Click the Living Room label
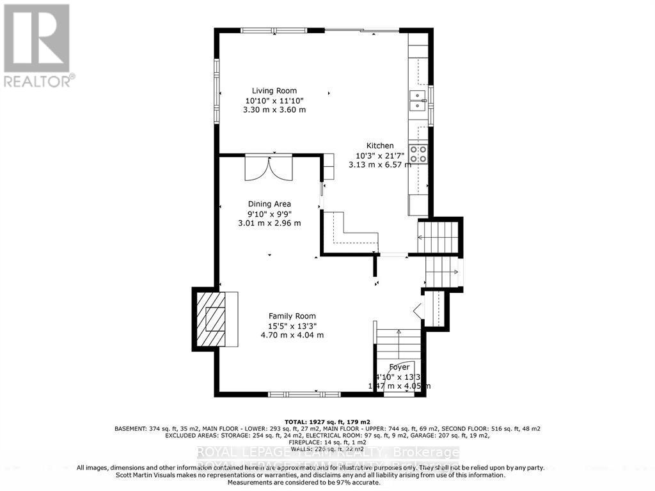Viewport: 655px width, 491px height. (274, 91)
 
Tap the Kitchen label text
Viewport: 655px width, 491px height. (379, 146)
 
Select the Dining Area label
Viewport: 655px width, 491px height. (269, 204)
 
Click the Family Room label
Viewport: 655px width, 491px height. (292, 316)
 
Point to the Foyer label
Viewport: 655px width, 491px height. (399, 367)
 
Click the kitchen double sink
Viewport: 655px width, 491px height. (418, 101)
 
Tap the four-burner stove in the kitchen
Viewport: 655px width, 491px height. (418, 153)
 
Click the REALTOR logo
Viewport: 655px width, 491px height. (37, 45)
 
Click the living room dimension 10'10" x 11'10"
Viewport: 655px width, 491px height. (274, 100)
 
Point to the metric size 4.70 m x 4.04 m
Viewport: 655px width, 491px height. (292, 335)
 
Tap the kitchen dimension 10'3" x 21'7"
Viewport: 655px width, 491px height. (379, 155)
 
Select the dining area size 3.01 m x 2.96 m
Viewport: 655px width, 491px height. (269, 223)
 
